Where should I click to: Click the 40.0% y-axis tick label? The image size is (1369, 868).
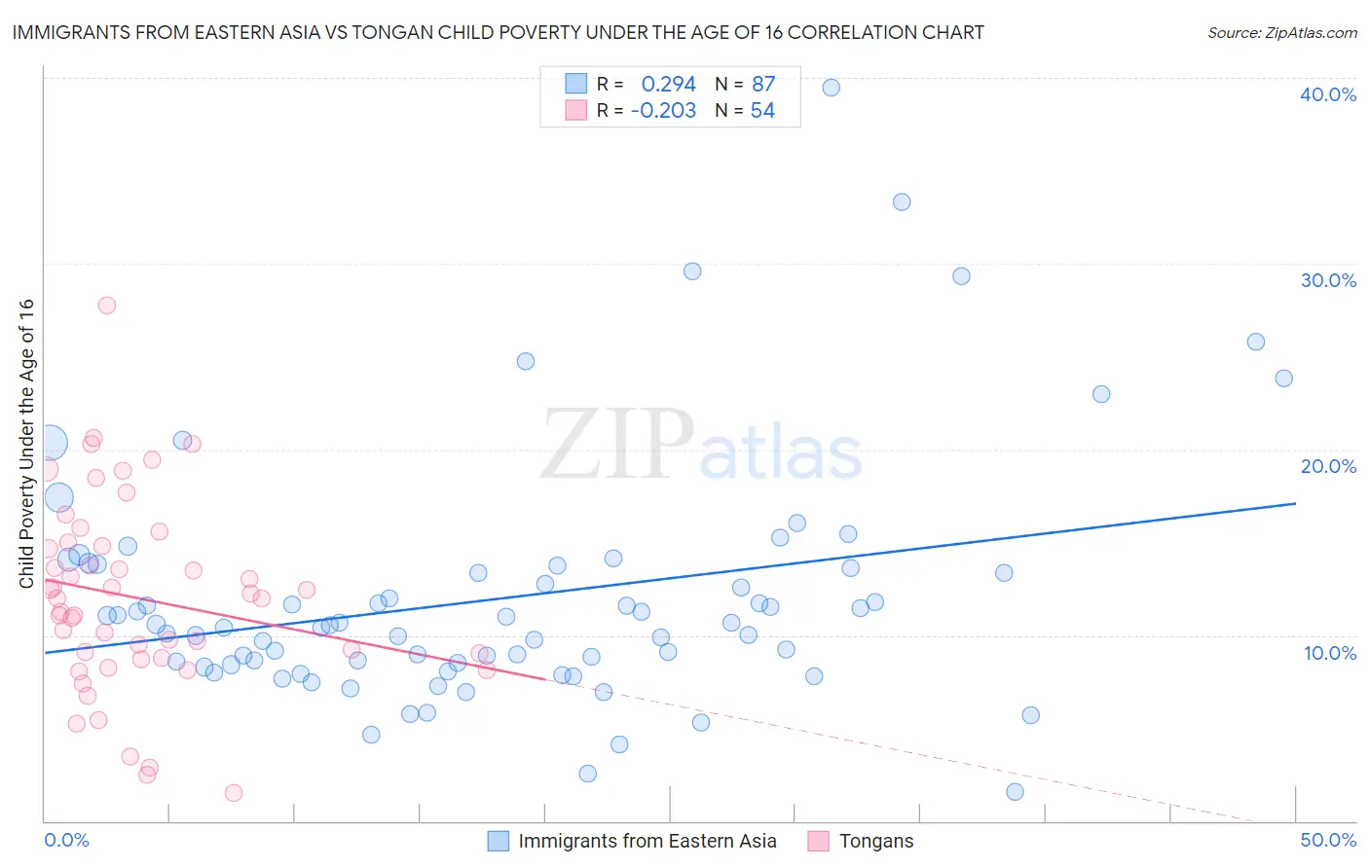point(1327,94)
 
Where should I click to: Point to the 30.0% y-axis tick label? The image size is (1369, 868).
point(1327,280)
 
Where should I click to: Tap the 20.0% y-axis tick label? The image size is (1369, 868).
point(1327,466)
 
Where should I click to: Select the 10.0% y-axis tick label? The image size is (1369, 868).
point(1329,653)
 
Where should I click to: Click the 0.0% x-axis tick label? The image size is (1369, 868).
point(66,840)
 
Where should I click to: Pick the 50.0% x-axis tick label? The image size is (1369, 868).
point(1328,840)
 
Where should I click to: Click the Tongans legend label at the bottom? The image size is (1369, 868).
point(876,841)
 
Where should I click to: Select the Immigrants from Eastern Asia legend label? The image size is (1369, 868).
point(647,841)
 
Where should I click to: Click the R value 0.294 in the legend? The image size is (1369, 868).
point(668,85)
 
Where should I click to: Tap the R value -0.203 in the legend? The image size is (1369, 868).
point(663,111)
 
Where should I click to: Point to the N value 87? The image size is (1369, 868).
point(763,85)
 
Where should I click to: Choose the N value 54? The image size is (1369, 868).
point(762,111)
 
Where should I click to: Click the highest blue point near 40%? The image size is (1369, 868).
point(831,88)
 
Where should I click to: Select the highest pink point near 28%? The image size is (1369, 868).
point(107,306)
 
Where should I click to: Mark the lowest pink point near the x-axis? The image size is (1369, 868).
point(234,793)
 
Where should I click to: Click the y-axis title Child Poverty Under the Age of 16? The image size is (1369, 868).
point(27,443)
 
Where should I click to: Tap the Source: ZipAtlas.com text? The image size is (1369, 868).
point(1281,33)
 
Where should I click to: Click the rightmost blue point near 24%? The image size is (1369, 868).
point(1283,379)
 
